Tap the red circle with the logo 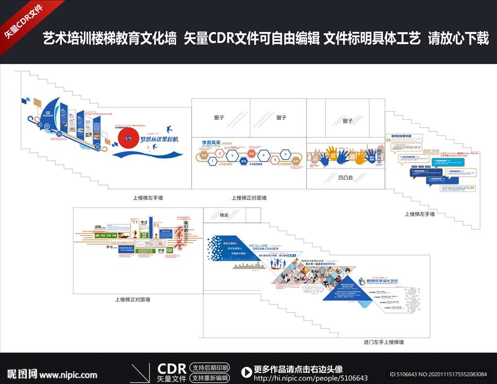click(128, 138)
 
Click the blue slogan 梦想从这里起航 click(159, 139)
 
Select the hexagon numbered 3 click(232, 156)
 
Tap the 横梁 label click(224, 215)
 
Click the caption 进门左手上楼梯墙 click(384, 342)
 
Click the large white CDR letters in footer click(172, 367)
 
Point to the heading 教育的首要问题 click(402, 137)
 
